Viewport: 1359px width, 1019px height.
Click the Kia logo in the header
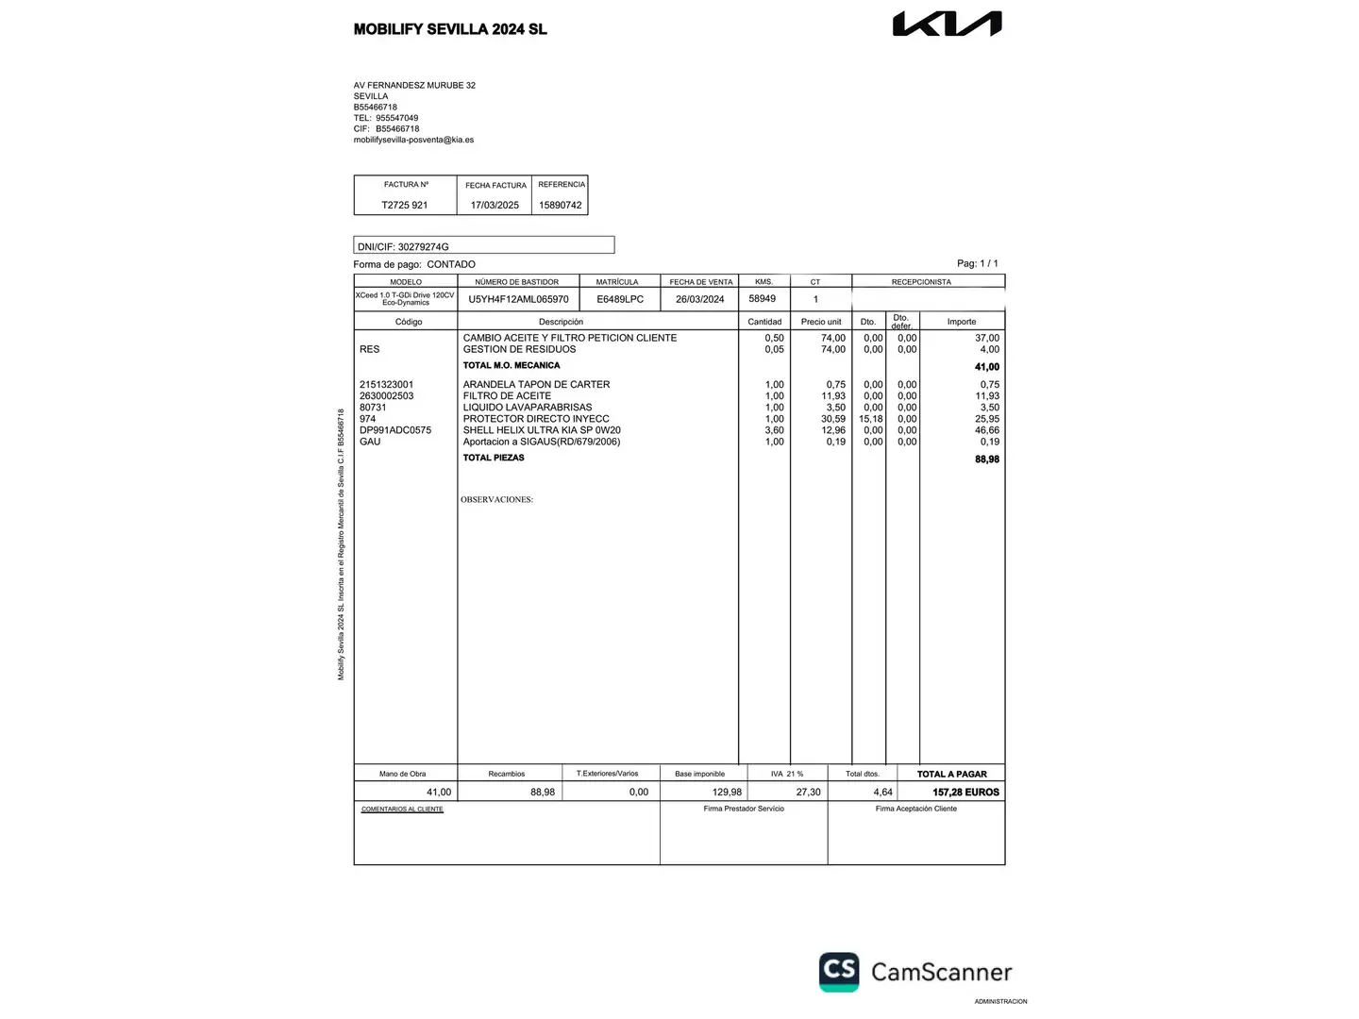click(947, 25)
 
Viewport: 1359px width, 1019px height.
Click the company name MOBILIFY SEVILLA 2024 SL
click(450, 29)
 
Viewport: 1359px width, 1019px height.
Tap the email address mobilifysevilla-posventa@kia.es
click(413, 140)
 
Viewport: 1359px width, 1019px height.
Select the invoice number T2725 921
click(405, 205)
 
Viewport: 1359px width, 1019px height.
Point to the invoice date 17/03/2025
click(495, 205)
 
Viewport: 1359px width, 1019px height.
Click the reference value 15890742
click(561, 205)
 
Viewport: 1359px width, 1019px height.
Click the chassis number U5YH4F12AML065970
click(518, 299)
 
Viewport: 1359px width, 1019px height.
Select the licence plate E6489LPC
click(620, 299)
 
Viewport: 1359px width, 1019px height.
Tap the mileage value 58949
click(763, 298)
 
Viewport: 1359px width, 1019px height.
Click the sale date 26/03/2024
click(700, 299)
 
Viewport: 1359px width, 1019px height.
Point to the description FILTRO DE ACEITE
click(507, 396)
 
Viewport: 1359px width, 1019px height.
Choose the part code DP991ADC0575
click(395, 430)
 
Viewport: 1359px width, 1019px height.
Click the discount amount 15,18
click(870, 419)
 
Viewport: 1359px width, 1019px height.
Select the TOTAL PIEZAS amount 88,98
click(987, 459)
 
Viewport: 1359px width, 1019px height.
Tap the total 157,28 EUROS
click(965, 793)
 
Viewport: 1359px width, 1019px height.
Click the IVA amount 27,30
click(809, 793)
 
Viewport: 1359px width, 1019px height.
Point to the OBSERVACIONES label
click(496, 500)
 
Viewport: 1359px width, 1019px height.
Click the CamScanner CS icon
click(839, 971)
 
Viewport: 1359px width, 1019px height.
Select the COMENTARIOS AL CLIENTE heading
click(402, 810)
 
